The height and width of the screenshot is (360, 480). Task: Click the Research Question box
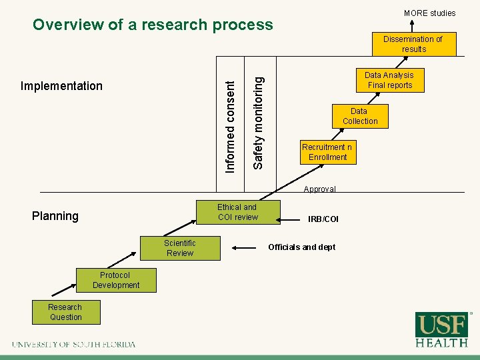point(65,312)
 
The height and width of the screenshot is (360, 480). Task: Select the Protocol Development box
point(116,280)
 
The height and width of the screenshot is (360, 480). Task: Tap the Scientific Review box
point(180,248)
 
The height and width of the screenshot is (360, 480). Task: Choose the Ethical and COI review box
point(237,212)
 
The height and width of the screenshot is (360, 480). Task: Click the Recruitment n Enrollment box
point(327,152)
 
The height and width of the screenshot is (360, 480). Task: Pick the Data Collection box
point(360,116)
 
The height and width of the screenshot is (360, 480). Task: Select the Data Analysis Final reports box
point(390,80)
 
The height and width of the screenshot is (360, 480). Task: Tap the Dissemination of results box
point(413,44)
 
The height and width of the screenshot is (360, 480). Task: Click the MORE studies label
point(429,13)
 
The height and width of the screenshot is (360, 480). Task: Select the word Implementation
point(61,86)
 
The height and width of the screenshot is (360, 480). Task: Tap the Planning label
point(55,216)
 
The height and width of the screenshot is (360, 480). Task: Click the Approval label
point(319,189)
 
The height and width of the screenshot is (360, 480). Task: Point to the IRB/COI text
point(323,219)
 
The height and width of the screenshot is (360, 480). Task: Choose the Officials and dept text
point(301,247)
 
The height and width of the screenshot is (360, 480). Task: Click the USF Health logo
point(442,329)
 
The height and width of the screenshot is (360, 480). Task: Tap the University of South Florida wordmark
point(73,345)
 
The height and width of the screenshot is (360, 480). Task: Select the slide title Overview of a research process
point(153,25)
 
